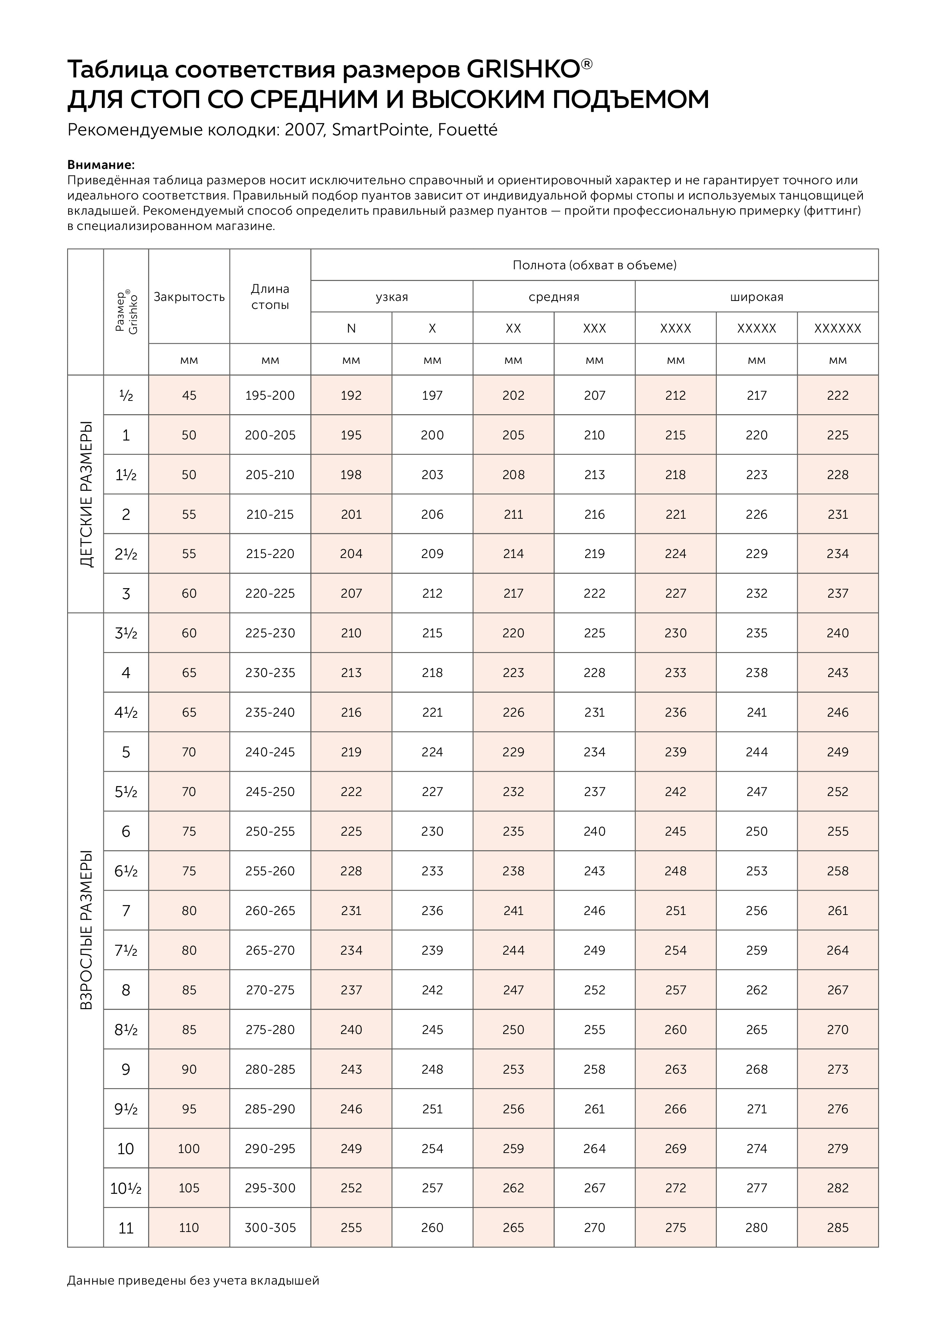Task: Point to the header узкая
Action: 392,297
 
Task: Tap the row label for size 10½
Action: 126,1188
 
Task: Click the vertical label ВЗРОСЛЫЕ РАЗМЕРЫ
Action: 86,930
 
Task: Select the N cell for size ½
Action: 351,395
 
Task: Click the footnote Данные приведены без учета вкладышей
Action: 193,1280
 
